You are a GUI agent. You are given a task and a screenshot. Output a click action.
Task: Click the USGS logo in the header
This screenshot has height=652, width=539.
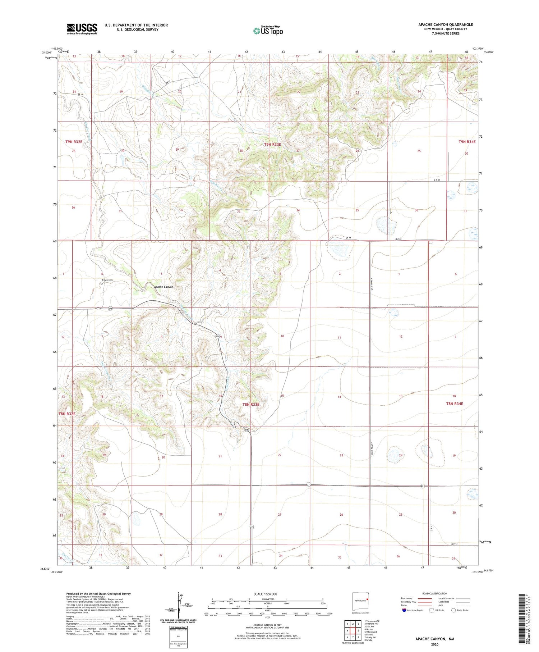82,29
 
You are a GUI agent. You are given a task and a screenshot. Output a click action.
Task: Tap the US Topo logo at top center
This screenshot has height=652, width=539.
268,31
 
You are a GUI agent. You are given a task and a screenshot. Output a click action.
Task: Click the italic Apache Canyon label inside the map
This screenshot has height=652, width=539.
163,287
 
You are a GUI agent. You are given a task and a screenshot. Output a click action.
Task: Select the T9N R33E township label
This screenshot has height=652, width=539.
273,145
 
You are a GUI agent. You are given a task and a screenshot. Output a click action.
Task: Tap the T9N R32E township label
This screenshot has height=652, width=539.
74,142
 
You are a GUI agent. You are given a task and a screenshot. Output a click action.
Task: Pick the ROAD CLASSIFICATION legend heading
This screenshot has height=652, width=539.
435,593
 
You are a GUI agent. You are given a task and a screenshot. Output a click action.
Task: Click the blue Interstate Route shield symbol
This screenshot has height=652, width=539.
404,610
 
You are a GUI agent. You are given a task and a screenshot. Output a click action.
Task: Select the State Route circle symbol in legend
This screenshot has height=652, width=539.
453,610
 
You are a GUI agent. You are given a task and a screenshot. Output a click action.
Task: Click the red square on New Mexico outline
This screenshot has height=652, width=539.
368,599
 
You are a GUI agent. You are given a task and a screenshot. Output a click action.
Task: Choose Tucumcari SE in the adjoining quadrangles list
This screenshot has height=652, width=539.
372,621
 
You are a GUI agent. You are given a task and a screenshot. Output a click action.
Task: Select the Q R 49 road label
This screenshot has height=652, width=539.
437,180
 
